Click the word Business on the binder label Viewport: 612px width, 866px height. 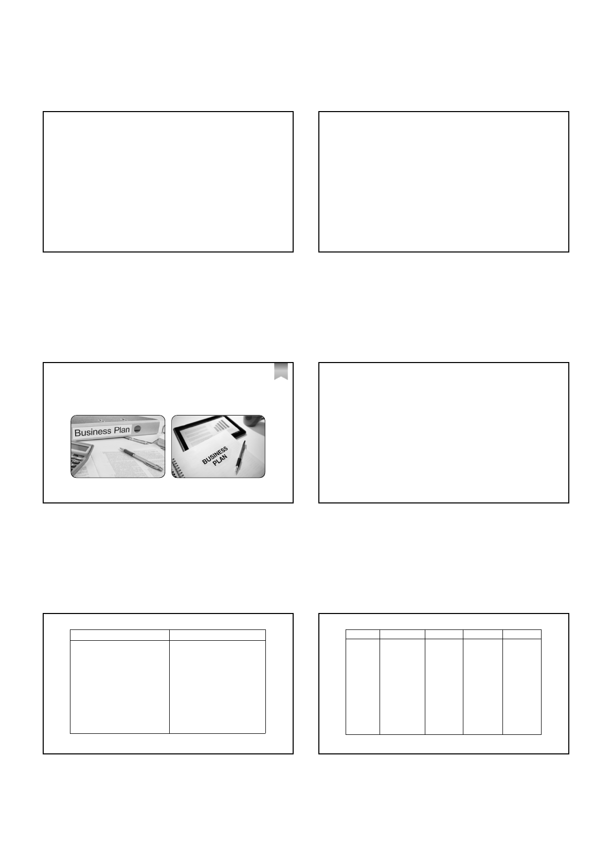(x=93, y=432)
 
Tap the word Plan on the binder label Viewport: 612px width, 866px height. (x=122, y=430)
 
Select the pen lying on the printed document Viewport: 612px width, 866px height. (x=141, y=459)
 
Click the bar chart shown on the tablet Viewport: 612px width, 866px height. (x=222, y=426)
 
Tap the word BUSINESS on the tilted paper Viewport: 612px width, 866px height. (x=215, y=456)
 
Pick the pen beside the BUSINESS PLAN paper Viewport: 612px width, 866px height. (x=241, y=457)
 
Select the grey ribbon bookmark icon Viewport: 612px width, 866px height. (x=281, y=371)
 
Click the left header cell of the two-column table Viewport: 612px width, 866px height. (x=120, y=635)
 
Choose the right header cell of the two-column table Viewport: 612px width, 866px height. (x=218, y=635)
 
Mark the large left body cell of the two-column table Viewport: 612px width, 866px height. (x=120, y=687)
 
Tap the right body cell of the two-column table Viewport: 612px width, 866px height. (x=218, y=687)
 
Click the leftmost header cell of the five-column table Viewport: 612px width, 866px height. (x=363, y=635)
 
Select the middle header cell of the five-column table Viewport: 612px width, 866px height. (x=444, y=635)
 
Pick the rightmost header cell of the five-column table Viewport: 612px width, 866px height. (x=522, y=635)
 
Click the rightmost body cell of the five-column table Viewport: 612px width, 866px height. (x=522, y=687)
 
